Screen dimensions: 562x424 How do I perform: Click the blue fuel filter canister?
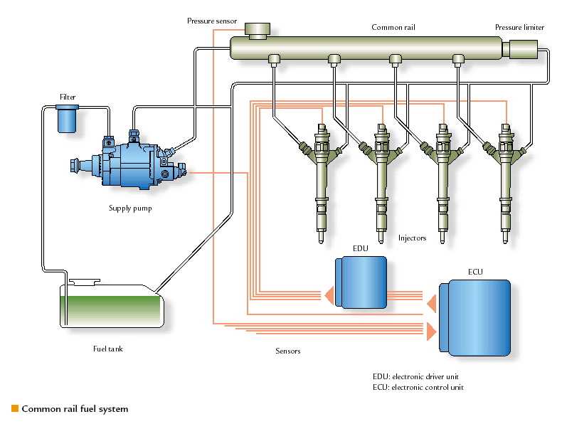click(x=67, y=119)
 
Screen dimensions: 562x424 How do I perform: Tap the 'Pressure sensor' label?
click(x=212, y=21)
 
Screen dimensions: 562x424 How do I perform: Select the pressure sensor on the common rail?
click(x=258, y=31)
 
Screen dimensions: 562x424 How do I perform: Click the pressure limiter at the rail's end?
click(x=521, y=50)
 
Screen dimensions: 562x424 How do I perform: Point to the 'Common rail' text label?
click(x=393, y=27)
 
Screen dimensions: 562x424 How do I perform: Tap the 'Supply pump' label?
click(x=130, y=208)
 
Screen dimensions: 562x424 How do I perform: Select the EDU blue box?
click(x=361, y=282)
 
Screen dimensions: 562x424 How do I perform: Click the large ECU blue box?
click(x=475, y=317)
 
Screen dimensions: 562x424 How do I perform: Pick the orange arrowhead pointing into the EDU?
click(x=329, y=296)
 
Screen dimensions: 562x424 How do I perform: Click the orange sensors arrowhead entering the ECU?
click(x=432, y=332)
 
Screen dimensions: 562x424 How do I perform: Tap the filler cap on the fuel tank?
click(x=84, y=282)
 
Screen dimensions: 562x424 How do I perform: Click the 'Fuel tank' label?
click(x=108, y=349)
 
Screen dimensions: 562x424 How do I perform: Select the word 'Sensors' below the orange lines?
click(x=288, y=351)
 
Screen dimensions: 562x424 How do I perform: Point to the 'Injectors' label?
click(x=412, y=238)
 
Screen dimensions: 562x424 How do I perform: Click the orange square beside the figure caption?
click(x=15, y=408)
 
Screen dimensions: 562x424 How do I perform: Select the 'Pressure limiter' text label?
click(x=520, y=27)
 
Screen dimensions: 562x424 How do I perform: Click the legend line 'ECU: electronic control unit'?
click(x=418, y=388)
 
